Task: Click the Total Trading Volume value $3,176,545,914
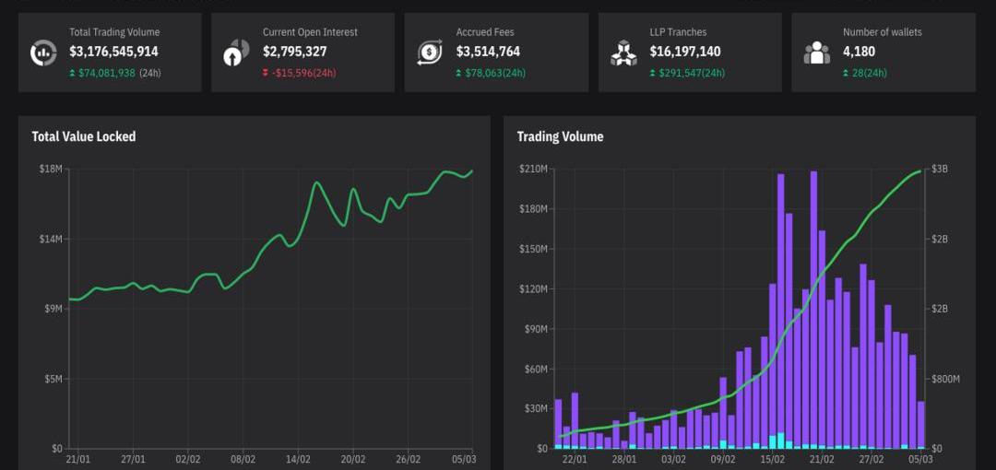click(113, 52)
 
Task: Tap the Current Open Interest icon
click(237, 53)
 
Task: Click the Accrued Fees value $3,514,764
click(488, 52)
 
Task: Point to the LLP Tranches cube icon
click(623, 53)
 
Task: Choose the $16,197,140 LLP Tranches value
click(685, 52)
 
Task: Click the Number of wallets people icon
click(817, 53)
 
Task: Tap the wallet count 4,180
click(859, 52)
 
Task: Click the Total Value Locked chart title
click(84, 136)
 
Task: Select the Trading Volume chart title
click(560, 136)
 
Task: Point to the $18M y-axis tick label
click(51, 169)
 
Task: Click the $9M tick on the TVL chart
click(53, 309)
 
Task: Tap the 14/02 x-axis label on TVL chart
click(298, 459)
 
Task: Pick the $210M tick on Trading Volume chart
click(533, 169)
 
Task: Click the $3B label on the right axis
click(940, 169)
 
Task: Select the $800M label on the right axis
click(944, 379)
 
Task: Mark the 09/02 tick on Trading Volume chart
click(723, 459)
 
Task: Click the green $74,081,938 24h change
click(106, 73)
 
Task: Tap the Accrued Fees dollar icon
click(430, 53)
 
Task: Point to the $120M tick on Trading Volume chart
click(533, 288)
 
